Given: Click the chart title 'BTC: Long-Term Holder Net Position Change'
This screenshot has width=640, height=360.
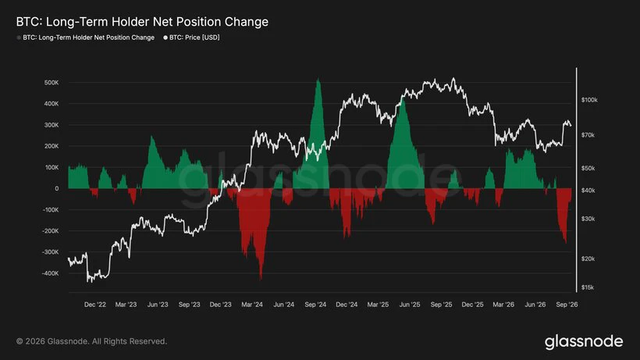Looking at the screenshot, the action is point(142,22).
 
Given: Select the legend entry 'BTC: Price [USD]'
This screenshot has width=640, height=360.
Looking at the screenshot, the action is point(191,37).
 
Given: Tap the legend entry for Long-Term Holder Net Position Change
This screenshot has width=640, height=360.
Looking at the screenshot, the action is point(86,37).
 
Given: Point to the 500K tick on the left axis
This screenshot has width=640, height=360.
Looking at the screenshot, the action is point(52,83).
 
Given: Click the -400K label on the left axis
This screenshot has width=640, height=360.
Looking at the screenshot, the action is point(50,273).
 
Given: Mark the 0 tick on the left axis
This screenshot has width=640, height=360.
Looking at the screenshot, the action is point(57,188).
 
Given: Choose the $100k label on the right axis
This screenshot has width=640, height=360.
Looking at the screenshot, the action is point(589,100).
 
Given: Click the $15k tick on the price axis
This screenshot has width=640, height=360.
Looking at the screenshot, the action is point(588,287).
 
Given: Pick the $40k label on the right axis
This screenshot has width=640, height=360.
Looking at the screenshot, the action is point(588,191).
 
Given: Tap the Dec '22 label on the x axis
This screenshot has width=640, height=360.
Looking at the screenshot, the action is point(95,305).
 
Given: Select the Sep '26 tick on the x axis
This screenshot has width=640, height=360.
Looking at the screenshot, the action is point(567,305).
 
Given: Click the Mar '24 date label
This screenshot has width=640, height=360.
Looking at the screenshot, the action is point(252,305).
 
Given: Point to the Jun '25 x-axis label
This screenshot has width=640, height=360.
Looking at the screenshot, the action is point(410,305).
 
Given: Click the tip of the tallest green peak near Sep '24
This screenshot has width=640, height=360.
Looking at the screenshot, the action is point(318,79).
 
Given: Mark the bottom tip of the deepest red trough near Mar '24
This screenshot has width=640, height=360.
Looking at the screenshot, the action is point(261,280).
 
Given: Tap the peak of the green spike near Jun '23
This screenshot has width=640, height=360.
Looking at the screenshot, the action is point(152,137).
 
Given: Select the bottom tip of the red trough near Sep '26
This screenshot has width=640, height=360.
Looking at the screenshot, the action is point(566,244).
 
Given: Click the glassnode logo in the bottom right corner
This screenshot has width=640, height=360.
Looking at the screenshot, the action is point(584,341).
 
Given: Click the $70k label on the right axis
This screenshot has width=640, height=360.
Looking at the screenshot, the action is point(588,135).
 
